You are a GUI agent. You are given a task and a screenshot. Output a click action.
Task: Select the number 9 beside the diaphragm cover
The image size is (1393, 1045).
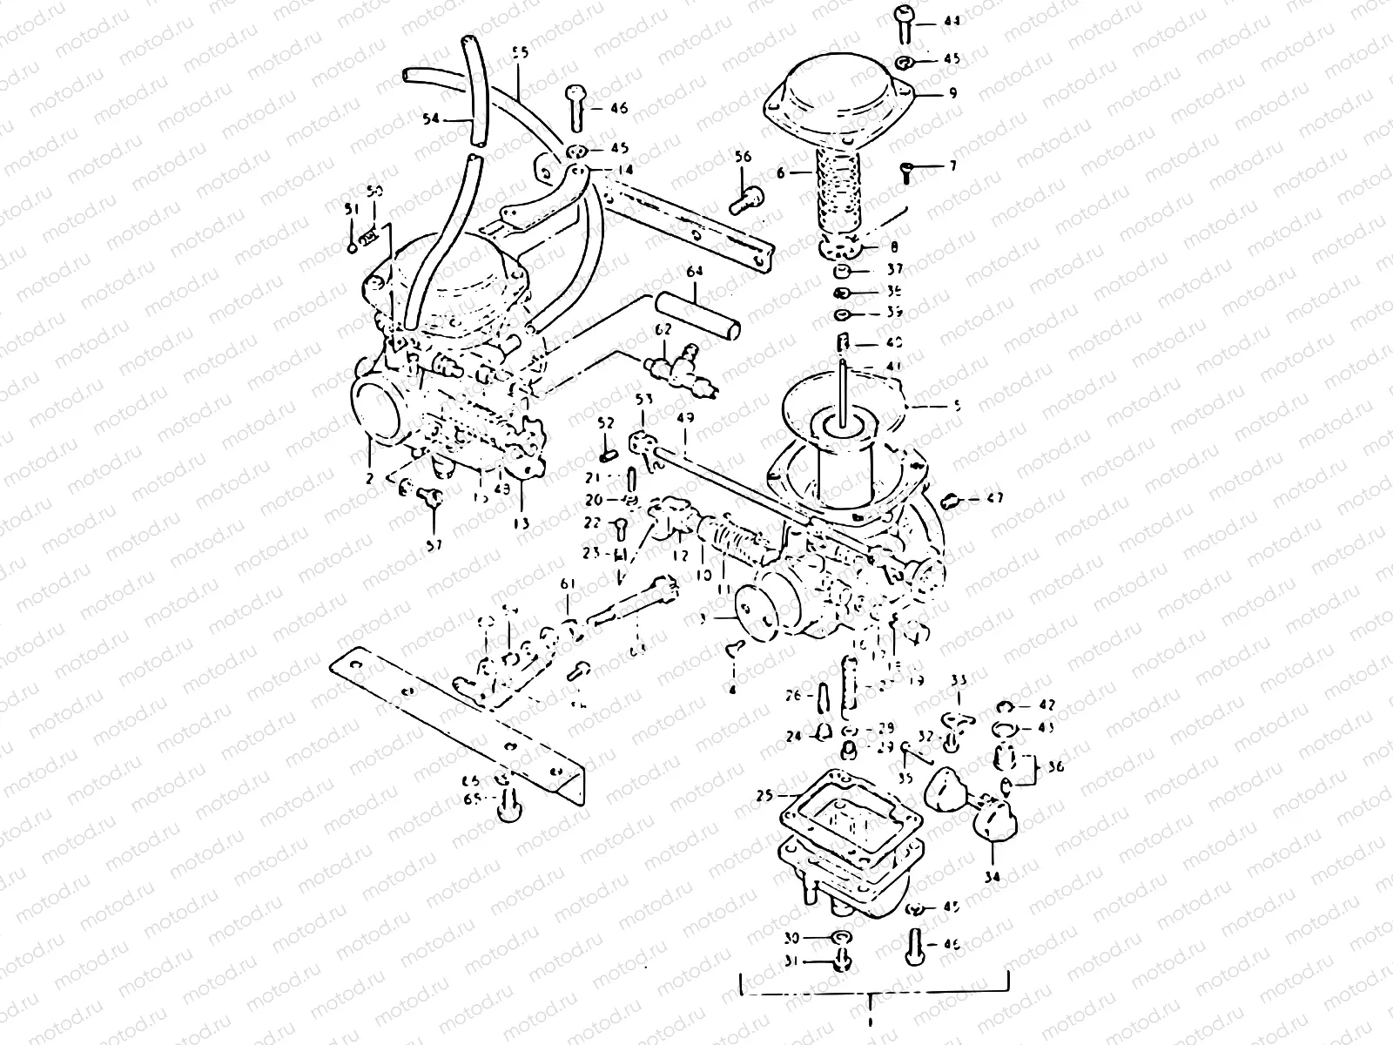pyautogui.click(x=953, y=92)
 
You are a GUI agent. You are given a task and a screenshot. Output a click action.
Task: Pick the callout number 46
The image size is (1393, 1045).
pyautogui.click(x=619, y=109)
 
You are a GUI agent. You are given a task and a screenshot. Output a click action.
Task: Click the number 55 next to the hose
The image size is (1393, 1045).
pyautogui.click(x=520, y=53)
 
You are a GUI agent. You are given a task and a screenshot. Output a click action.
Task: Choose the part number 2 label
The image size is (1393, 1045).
pyautogui.click(x=370, y=478)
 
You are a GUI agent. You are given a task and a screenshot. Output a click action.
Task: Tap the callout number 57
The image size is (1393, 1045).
pyautogui.click(x=434, y=544)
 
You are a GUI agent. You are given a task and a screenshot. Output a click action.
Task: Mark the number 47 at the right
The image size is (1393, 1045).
pyautogui.click(x=995, y=499)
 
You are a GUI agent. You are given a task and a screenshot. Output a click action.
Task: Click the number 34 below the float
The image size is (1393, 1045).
pyautogui.click(x=992, y=877)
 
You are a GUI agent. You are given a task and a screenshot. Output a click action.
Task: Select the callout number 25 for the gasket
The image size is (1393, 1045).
pyautogui.click(x=764, y=795)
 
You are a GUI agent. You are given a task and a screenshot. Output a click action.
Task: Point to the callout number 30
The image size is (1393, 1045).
pyautogui.click(x=790, y=938)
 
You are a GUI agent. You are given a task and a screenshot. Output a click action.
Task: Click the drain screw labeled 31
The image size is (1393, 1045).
pyautogui.click(x=841, y=961)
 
